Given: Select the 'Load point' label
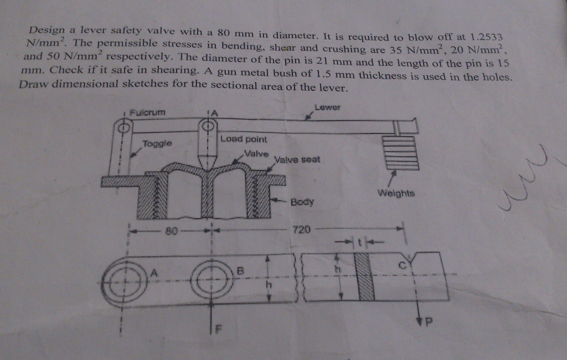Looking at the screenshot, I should (x=244, y=139).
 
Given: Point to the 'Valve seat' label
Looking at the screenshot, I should (x=297, y=160).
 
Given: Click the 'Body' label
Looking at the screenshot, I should (x=302, y=202).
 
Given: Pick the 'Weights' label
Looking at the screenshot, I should (x=396, y=193).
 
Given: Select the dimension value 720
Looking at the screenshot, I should (x=302, y=228).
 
